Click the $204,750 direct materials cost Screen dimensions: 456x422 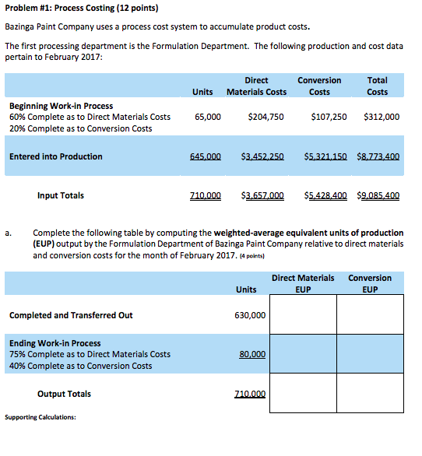(266, 117)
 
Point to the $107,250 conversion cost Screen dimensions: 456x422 (329, 117)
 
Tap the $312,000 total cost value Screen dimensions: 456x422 (382, 117)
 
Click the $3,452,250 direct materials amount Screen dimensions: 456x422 (262, 156)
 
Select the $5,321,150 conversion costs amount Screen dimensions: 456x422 (325, 156)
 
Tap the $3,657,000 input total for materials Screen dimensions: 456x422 (262, 195)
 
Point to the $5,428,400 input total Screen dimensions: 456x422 (325, 195)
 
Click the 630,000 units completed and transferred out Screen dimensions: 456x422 (249, 315)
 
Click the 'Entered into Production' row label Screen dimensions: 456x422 (56, 156)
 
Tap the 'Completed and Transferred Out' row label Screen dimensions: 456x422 (71, 315)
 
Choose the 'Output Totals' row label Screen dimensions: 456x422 (64, 394)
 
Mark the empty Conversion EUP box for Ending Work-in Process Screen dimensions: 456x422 (370, 354)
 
